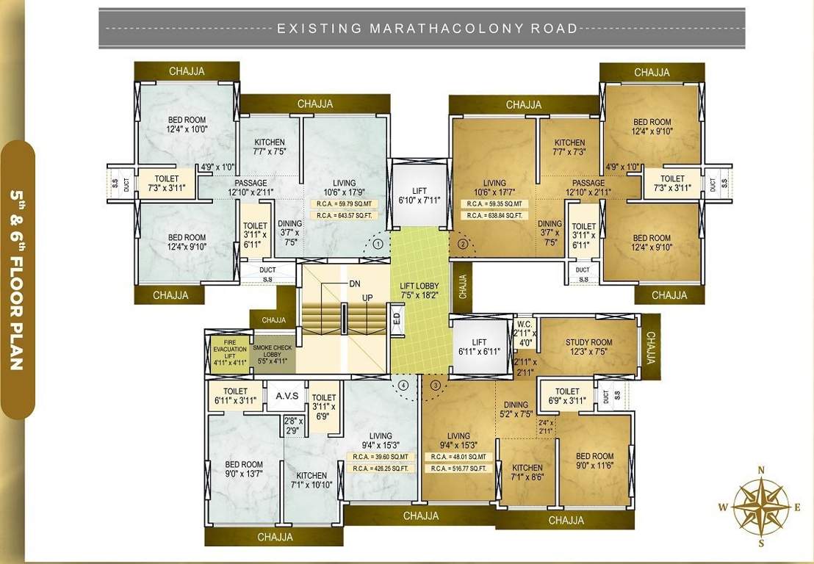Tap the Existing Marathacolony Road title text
(x=427, y=29)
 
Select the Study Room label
(x=589, y=347)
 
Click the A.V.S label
(x=287, y=396)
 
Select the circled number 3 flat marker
(x=435, y=384)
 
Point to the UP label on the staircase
(x=367, y=297)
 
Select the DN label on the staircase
(x=355, y=283)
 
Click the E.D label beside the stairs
(x=397, y=320)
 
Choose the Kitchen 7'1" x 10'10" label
(x=312, y=480)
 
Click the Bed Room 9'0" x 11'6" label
(x=594, y=461)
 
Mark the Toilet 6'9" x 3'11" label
(x=567, y=396)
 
